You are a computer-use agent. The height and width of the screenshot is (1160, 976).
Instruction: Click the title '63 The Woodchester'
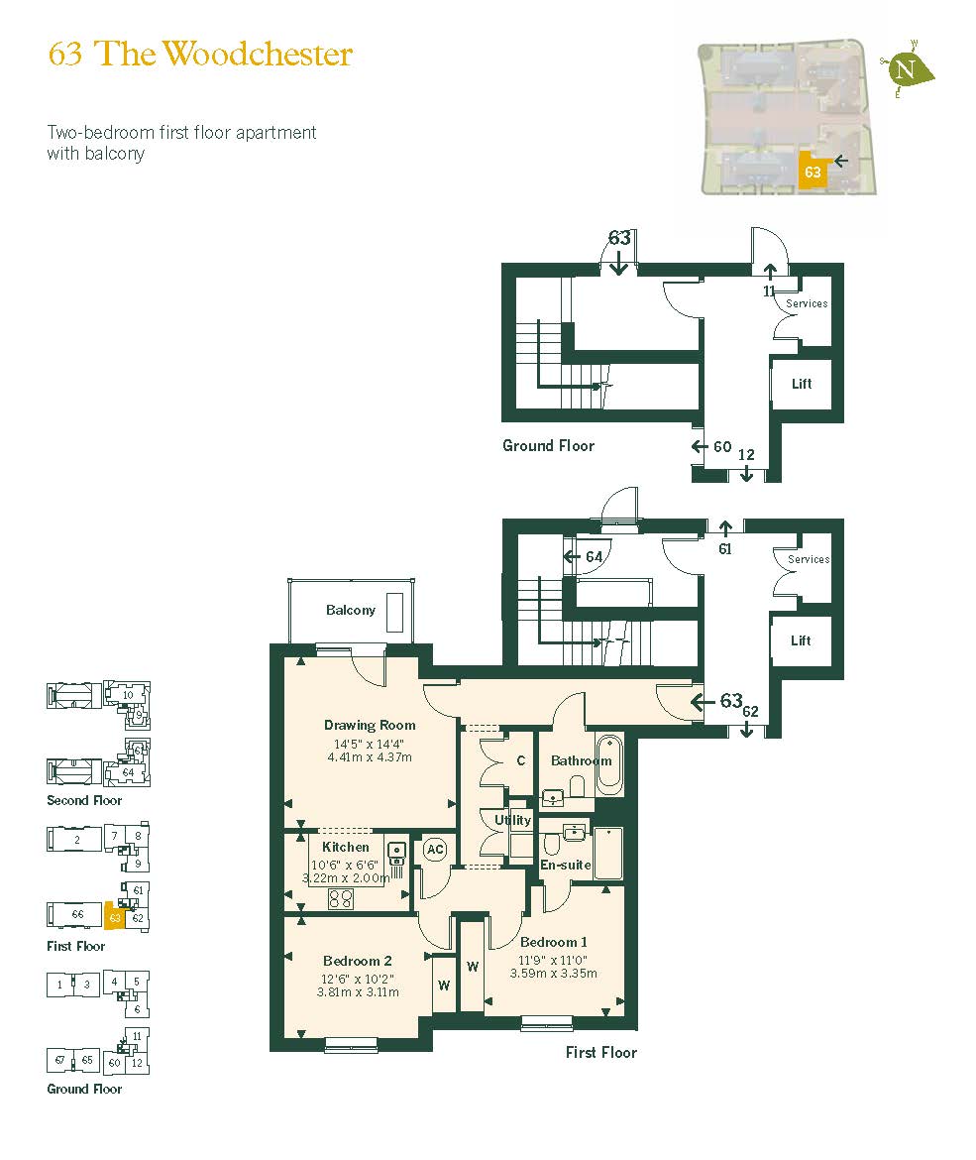coord(200,54)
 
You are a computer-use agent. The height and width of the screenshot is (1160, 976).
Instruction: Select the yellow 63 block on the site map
coord(813,172)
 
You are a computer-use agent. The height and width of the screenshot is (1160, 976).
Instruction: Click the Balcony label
coord(351,610)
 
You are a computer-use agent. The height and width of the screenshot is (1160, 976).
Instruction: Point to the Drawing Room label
coord(369,725)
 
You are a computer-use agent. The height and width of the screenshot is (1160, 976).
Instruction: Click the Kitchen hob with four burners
coord(341,898)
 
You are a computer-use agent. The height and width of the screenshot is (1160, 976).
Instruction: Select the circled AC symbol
coord(434,850)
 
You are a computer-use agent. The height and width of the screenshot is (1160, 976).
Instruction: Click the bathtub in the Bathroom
coord(608,763)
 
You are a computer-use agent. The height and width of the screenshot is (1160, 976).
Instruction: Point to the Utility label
coord(512,820)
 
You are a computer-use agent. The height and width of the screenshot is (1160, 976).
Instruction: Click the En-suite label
coord(565,865)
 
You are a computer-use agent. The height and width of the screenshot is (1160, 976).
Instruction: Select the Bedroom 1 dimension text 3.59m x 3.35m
coord(554,973)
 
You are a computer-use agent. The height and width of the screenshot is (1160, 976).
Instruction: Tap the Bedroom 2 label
coord(358,961)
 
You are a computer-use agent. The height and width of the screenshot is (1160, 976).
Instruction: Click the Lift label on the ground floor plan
coord(801,384)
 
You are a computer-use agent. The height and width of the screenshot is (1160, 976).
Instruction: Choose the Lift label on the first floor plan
coord(801,640)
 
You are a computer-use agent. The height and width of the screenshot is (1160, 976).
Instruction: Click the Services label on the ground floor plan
coord(807,303)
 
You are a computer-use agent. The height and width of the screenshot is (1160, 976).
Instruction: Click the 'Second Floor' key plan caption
coord(84,800)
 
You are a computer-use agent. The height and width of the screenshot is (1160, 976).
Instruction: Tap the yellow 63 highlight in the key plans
coord(115,919)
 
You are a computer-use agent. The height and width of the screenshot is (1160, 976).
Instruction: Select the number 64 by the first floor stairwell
coord(594,557)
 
